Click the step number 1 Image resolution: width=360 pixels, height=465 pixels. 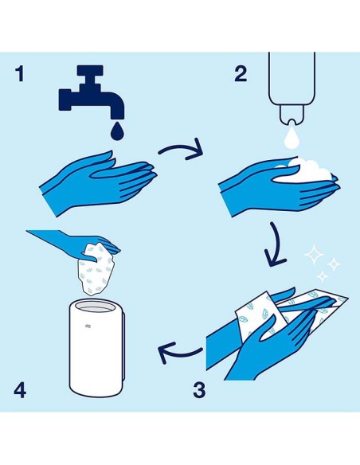20,74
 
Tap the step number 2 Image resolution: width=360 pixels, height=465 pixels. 241,74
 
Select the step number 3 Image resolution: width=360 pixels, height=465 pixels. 199,390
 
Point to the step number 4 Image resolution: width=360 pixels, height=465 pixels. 20,390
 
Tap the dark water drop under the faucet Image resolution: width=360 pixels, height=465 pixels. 117,131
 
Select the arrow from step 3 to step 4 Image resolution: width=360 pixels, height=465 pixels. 180,353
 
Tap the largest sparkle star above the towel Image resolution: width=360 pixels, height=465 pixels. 315,254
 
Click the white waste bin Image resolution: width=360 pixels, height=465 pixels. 97,348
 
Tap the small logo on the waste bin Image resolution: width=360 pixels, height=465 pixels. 88,326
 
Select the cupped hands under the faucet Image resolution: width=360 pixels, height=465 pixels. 98,182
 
